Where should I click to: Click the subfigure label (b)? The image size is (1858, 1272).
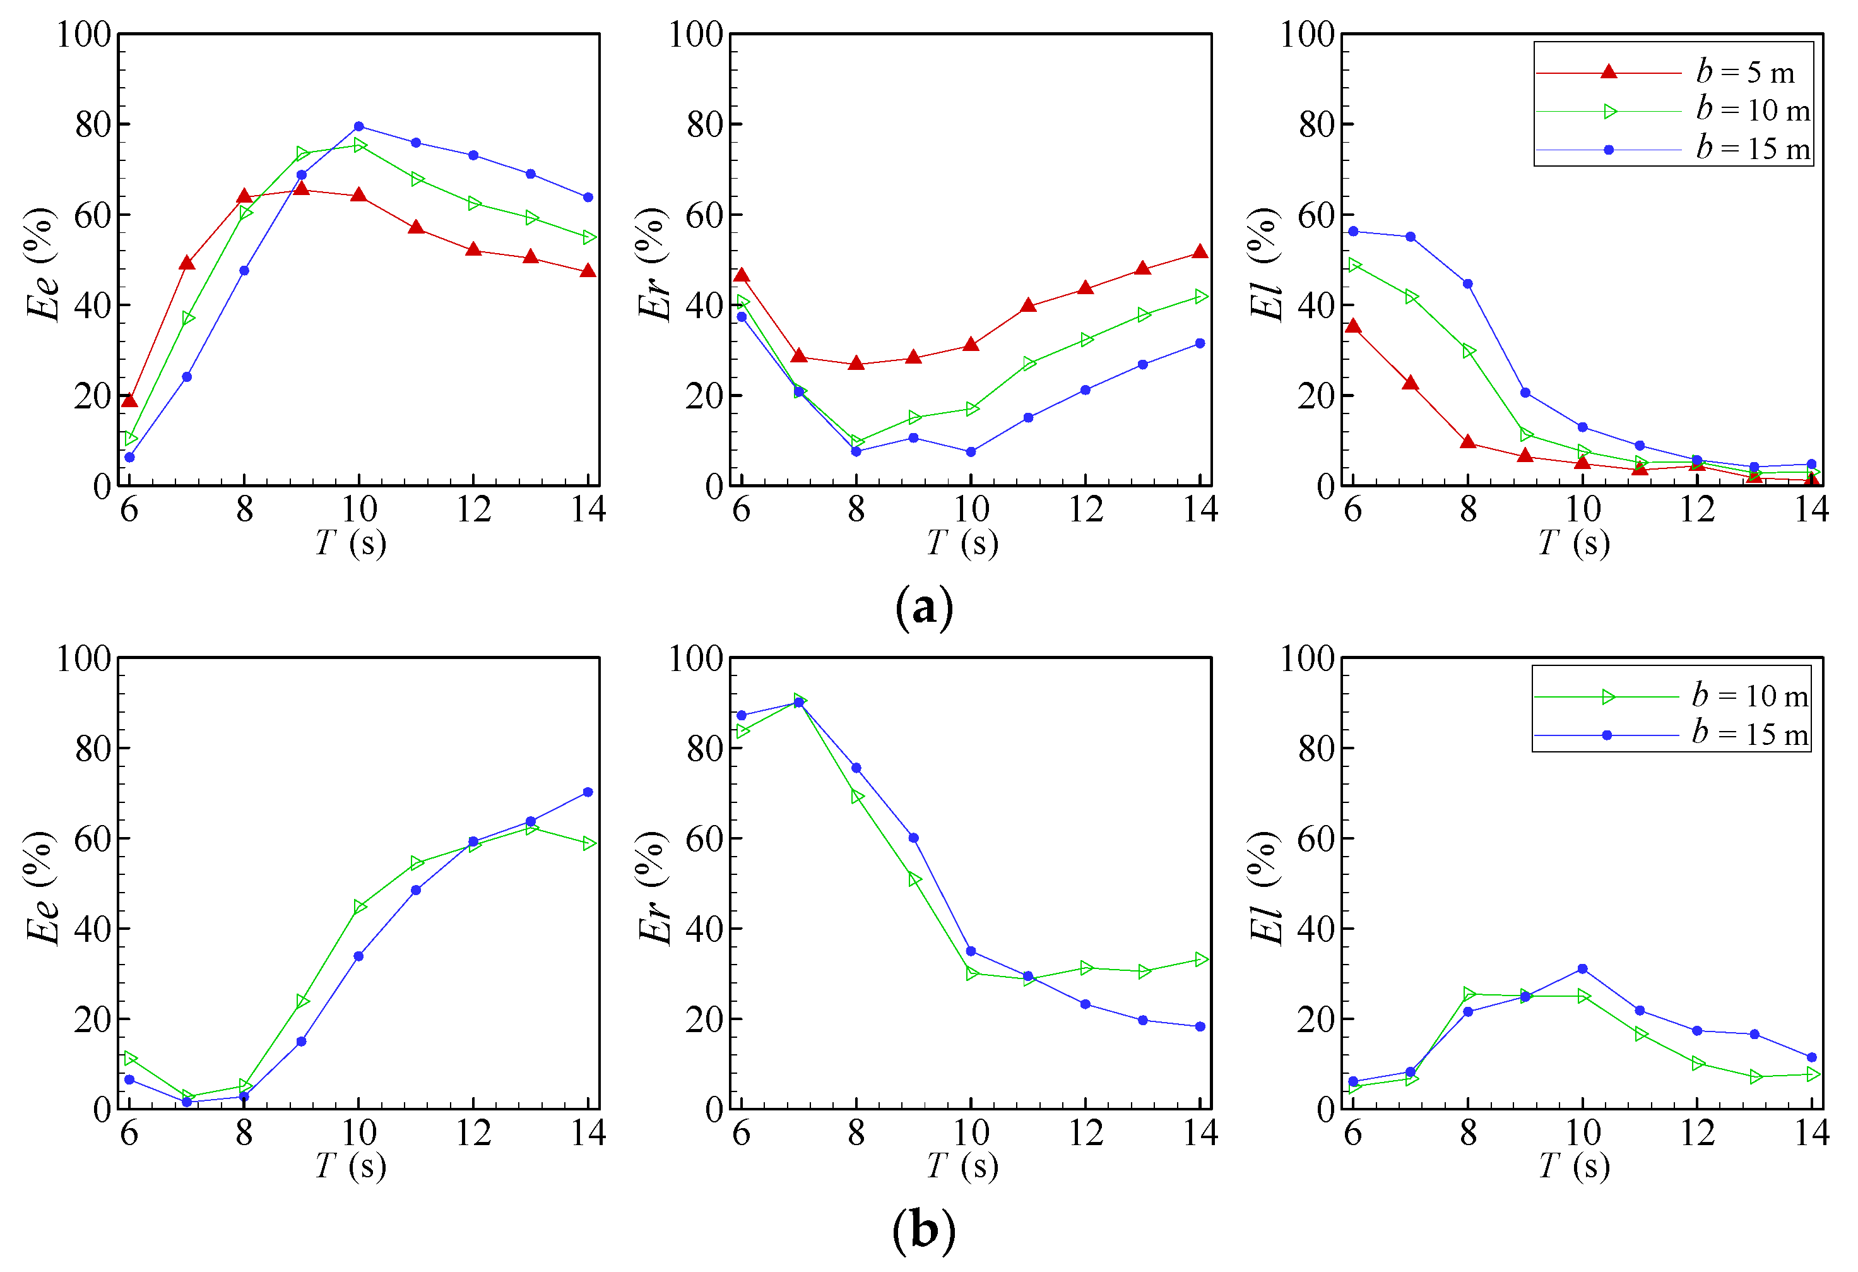point(924,1231)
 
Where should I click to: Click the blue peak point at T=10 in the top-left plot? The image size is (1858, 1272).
point(359,126)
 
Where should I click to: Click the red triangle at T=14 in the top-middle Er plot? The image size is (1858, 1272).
point(1200,252)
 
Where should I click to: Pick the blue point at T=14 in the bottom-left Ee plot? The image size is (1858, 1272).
point(588,792)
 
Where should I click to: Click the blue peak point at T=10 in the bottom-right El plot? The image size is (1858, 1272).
point(1583,969)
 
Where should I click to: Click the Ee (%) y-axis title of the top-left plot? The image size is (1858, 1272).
point(42,264)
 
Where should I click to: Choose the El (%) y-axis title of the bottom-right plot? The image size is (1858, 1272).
point(1265,888)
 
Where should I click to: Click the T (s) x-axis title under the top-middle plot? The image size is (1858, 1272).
point(962,544)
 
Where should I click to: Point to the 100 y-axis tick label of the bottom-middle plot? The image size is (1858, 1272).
point(695,659)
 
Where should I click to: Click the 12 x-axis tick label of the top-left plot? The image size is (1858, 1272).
point(473,509)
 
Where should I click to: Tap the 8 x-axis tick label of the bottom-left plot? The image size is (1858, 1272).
point(244,1133)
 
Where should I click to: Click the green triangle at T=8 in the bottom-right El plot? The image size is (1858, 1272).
point(1469,994)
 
